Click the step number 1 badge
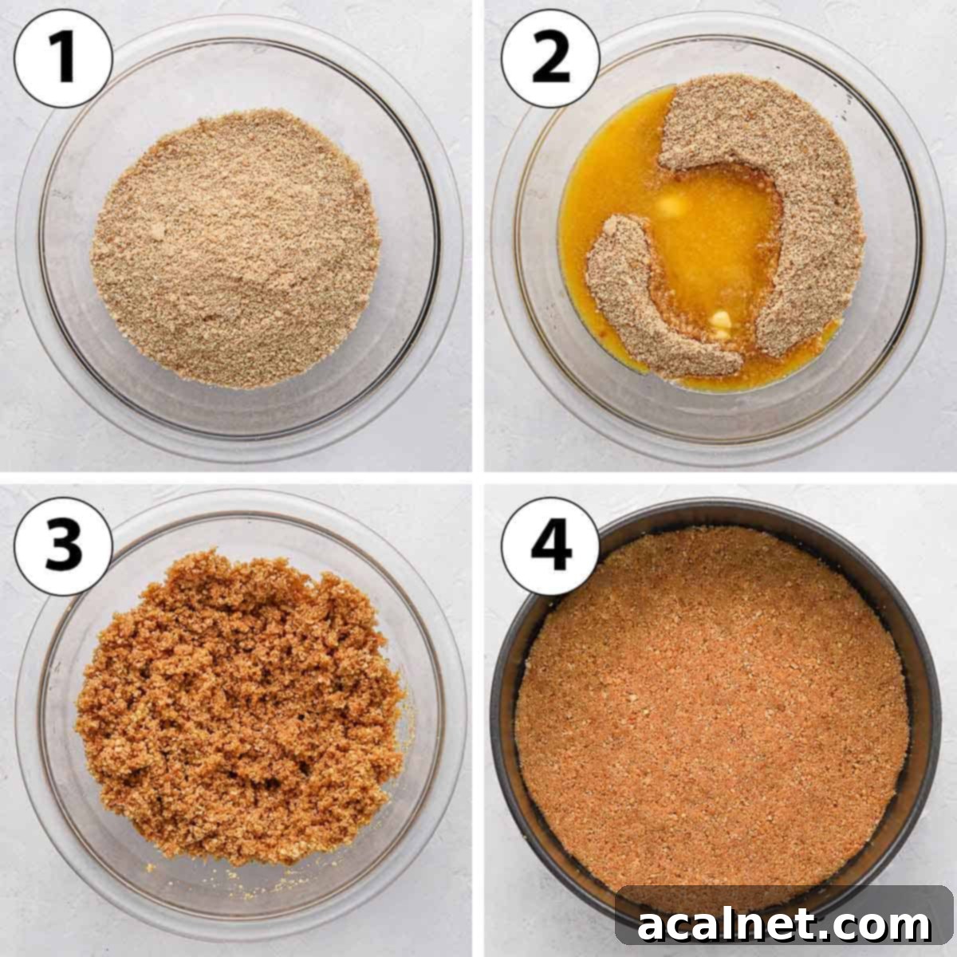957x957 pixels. click(x=63, y=59)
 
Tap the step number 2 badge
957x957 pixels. click(x=550, y=59)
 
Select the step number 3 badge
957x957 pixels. click(x=63, y=545)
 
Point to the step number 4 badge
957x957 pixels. click(x=550, y=545)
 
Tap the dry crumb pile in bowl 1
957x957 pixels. click(x=235, y=248)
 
